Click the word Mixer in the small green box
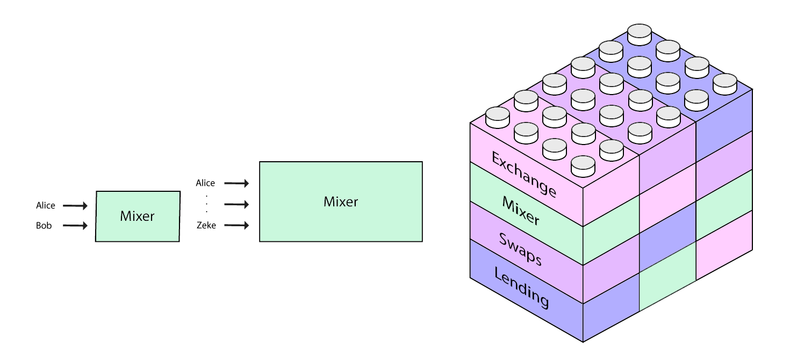coord(137,216)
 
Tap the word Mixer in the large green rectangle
coord(341,201)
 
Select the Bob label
coord(44,226)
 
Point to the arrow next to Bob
coord(75,226)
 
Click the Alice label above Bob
coord(46,205)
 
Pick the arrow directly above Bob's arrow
coord(75,205)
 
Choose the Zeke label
coord(206,225)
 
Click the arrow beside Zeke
coord(236,225)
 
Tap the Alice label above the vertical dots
coord(205,183)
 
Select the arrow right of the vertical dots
coord(236,204)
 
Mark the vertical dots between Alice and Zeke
coord(206,204)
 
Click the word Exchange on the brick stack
coord(524,175)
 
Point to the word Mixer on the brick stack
coord(521,210)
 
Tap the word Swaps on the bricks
coord(520,248)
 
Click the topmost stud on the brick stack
coord(640,34)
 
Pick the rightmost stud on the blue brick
coord(724,84)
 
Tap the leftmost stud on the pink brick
coord(498,117)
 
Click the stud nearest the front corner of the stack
coord(583,166)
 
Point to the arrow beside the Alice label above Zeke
coord(236,184)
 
